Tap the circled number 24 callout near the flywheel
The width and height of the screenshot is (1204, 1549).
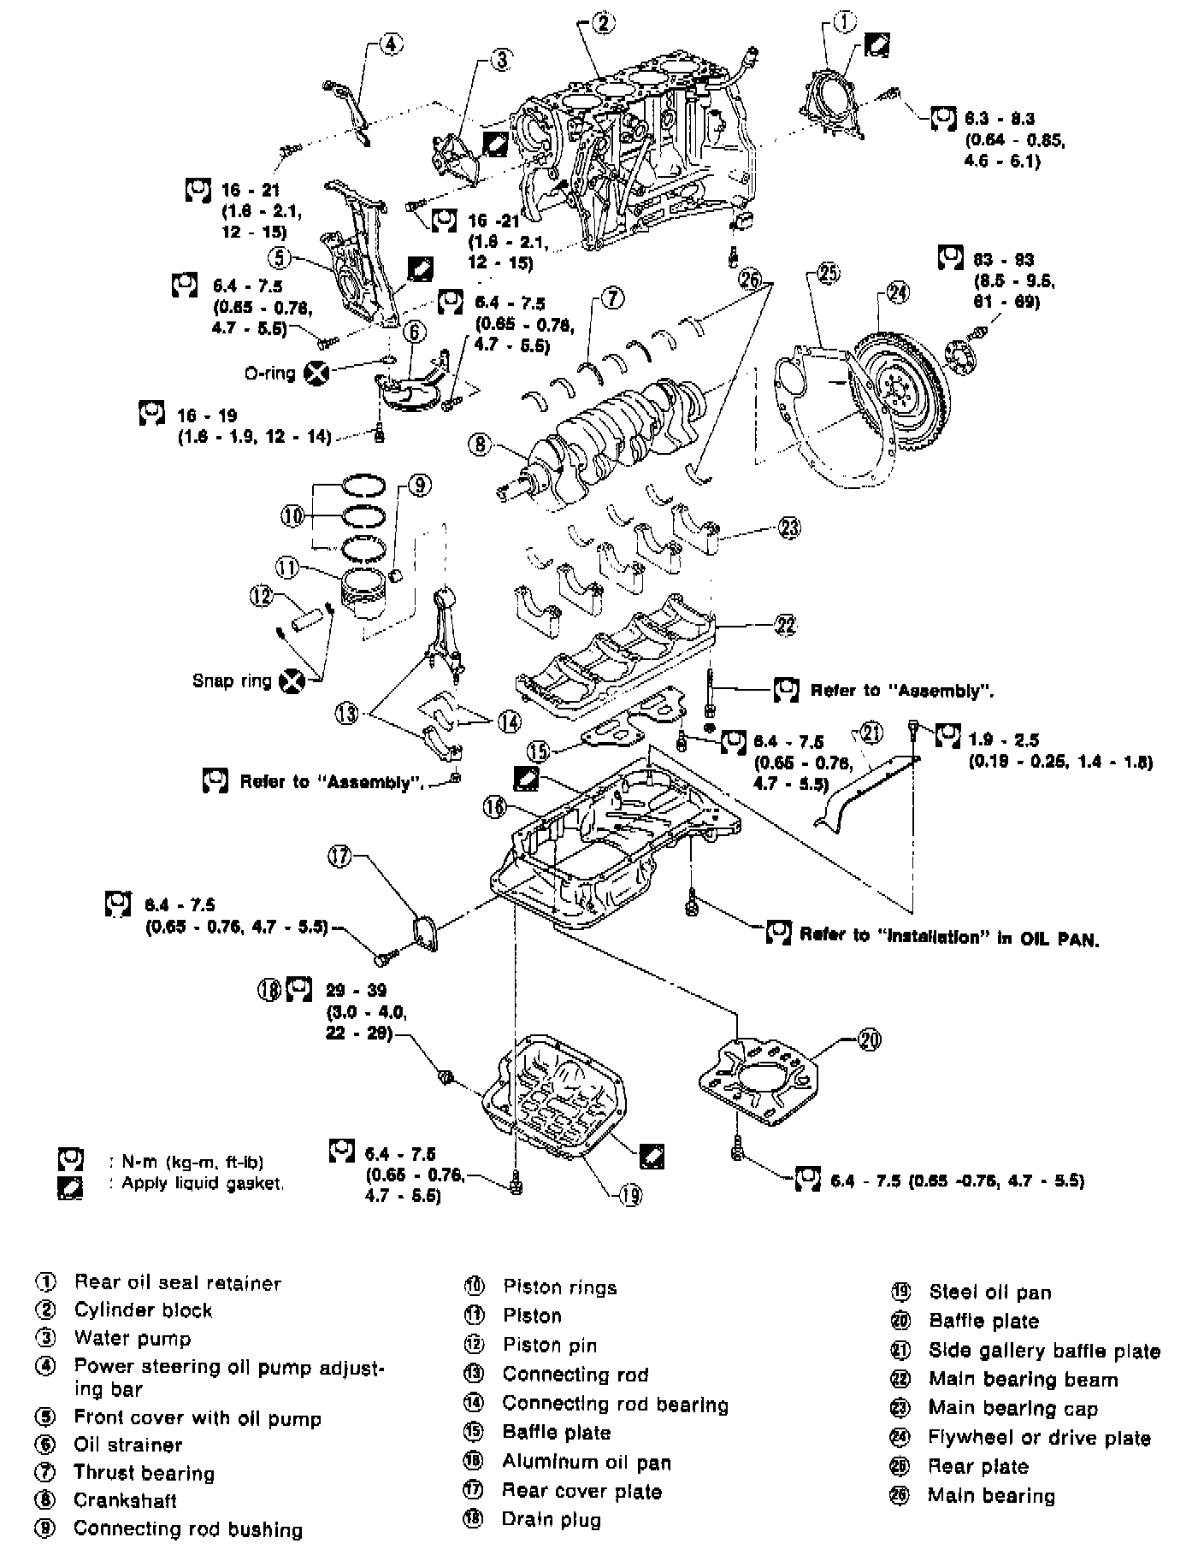[x=897, y=293]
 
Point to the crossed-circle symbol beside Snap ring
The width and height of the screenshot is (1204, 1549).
[x=292, y=680]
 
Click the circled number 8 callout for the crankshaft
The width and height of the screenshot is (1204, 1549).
[x=480, y=445]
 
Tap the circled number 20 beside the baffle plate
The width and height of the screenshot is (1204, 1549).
[x=868, y=1040]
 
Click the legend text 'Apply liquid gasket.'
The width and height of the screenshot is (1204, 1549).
[x=202, y=1184]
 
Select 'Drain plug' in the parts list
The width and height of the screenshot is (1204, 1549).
[x=551, y=1520]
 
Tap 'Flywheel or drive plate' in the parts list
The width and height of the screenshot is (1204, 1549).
[x=1039, y=1438]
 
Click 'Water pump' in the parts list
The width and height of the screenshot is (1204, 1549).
[x=132, y=1339]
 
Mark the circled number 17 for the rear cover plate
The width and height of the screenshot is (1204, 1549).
[x=341, y=857]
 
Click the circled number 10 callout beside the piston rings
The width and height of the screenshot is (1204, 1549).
[x=292, y=515]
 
